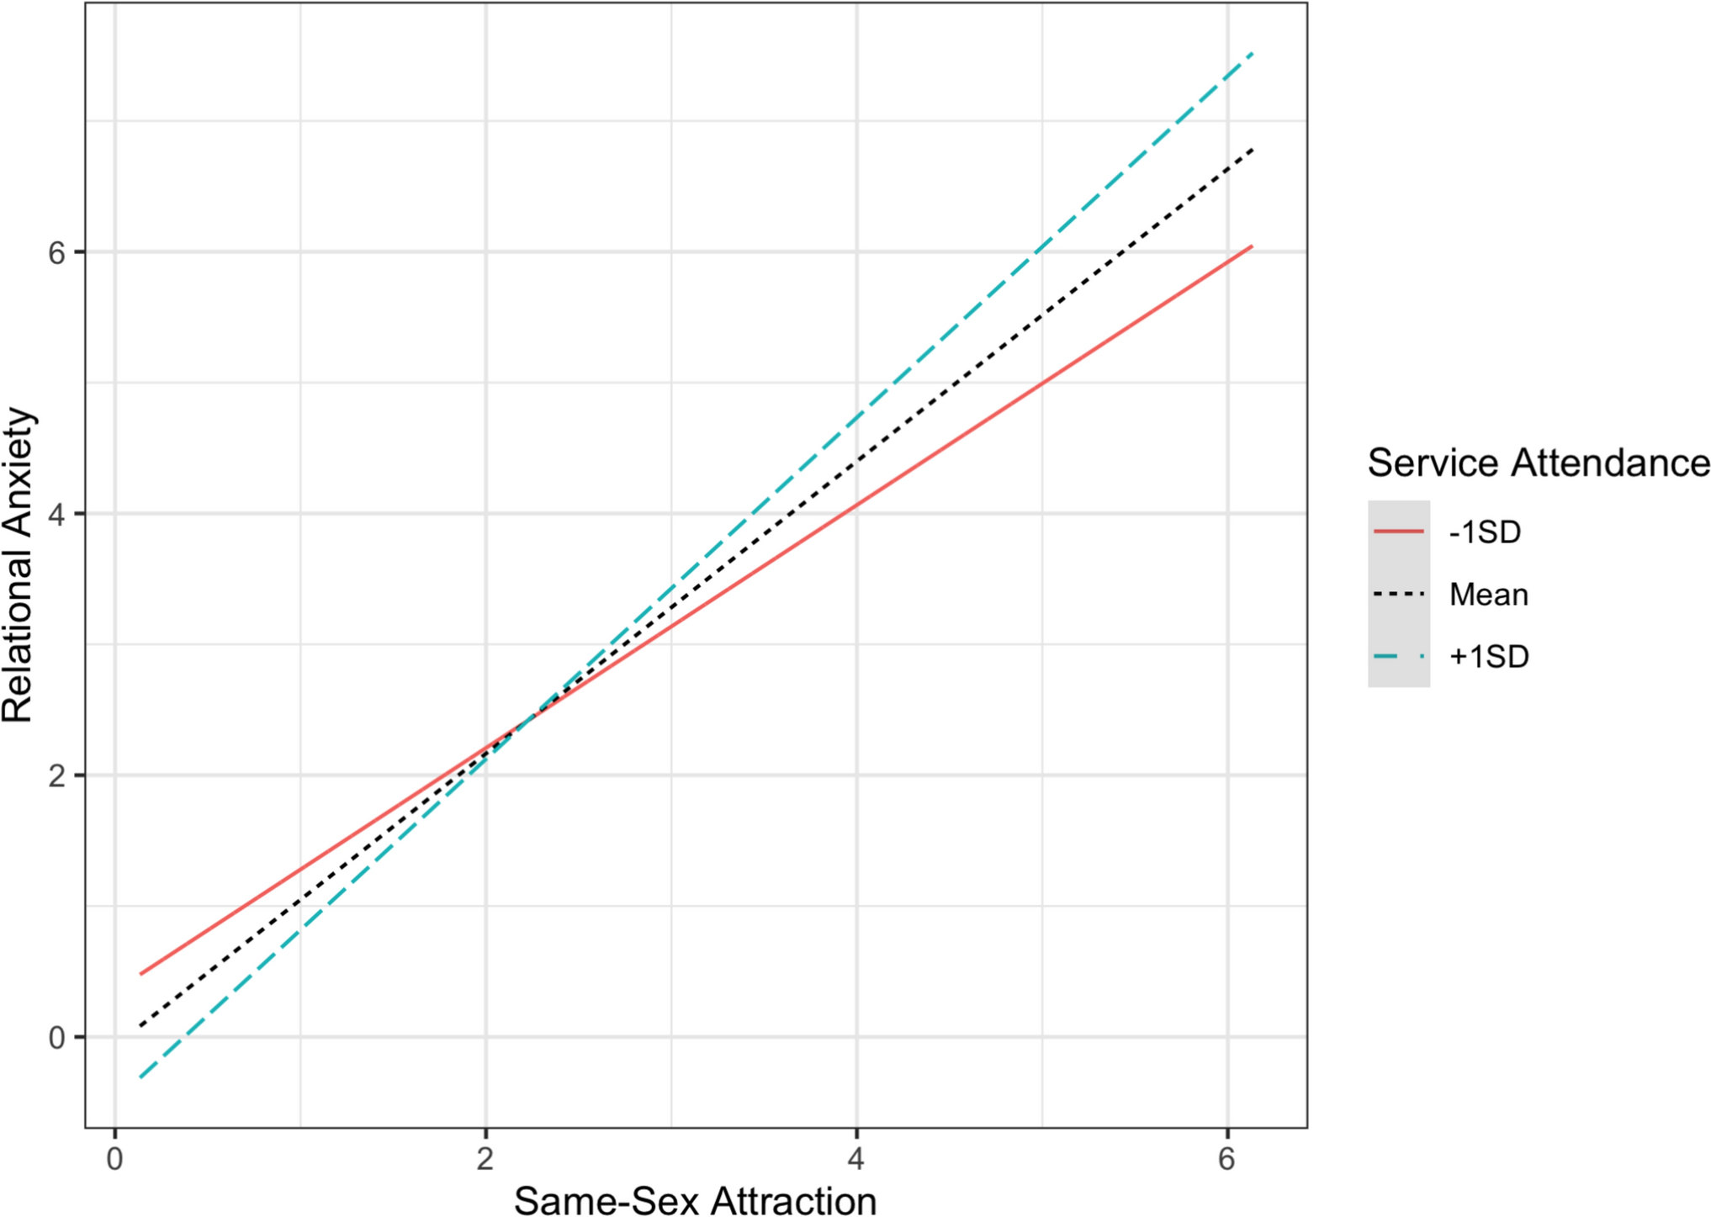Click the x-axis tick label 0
(x=114, y=1160)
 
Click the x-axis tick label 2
(x=485, y=1160)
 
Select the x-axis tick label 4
(x=855, y=1160)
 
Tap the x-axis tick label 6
(x=1226, y=1160)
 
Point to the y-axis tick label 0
(x=56, y=1038)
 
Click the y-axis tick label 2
(x=56, y=775)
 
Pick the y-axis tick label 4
(x=56, y=514)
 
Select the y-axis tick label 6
(x=56, y=252)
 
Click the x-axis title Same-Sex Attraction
(x=695, y=1200)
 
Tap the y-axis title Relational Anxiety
(x=19, y=565)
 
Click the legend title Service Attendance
(x=1538, y=463)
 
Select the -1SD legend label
(x=1485, y=532)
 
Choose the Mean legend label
(x=1488, y=595)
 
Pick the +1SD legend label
(x=1488, y=657)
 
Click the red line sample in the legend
(x=1398, y=532)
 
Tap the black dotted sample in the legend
(x=1398, y=595)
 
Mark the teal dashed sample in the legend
(x=1398, y=657)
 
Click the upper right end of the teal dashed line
(x=1253, y=54)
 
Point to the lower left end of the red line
(x=141, y=973)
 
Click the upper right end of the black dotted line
(x=1253, y=150)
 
